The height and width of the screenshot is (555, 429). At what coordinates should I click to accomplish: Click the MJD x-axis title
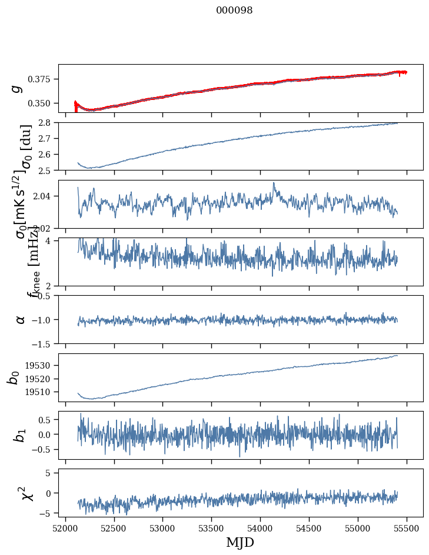tap(240, 542)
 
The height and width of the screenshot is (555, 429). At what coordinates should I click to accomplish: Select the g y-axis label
tap(18, 88)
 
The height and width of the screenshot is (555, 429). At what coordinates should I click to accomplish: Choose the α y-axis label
tap(21, 319)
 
